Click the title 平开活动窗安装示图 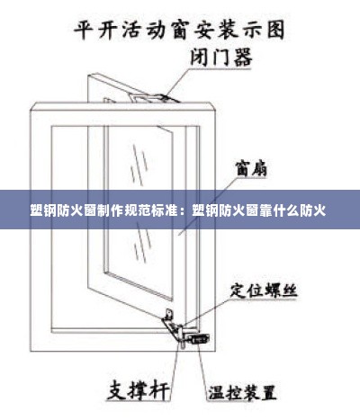tap(179, 30)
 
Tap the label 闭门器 tap(221, 58)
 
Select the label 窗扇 tap(251, 168)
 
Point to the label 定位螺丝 tap(264, 290)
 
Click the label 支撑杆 tap(139, 389)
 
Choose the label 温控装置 tap(242, 392)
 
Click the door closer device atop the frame tap(155, 98)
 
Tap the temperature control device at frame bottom tap(199, 339)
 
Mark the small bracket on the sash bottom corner tap(169, 315)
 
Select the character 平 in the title tap(84, 30)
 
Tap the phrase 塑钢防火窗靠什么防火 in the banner tap(258, 210)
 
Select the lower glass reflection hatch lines tap(142, 242)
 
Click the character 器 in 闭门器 tap(242, 58)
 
